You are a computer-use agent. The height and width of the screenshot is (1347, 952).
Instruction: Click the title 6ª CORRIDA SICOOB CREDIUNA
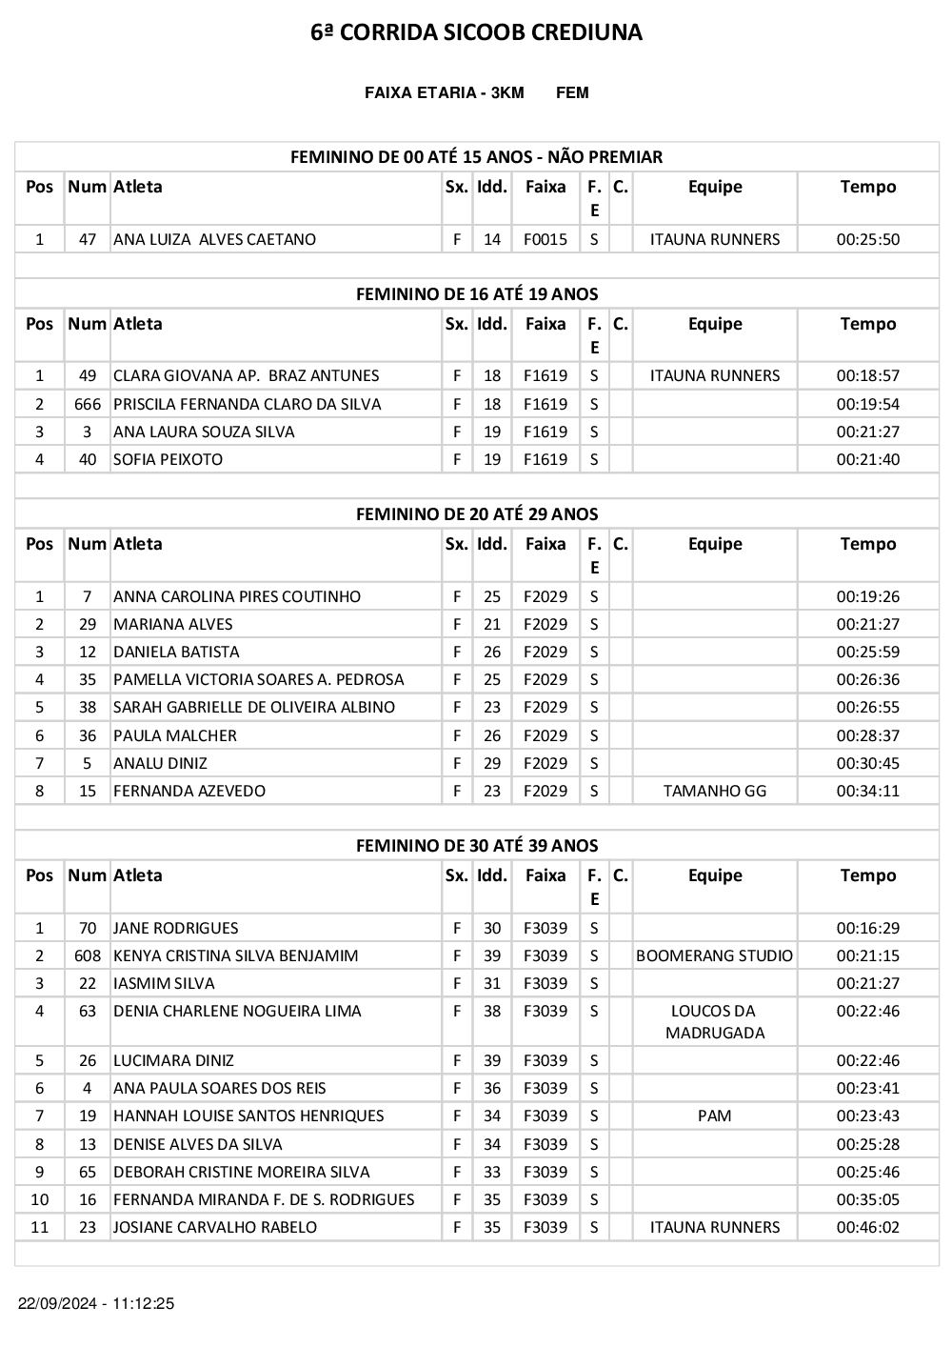[476, 32]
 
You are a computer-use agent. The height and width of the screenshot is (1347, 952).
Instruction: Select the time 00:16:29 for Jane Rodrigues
[867, 928]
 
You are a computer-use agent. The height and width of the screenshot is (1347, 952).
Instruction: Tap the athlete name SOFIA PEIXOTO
[168, 459]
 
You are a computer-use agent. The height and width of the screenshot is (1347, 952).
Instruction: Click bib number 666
[88, 404]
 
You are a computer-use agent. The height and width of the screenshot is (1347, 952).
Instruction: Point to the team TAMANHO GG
[714, 791]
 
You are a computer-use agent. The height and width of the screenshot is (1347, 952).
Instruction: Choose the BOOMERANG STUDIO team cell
[714, 955]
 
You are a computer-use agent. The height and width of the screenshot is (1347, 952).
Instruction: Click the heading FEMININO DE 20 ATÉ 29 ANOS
[477, 514]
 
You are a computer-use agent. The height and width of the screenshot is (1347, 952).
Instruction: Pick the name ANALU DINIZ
[160, 763]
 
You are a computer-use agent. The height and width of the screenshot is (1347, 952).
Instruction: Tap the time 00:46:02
[867, 1227]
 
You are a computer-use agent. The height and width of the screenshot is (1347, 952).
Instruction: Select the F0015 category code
[545, 239]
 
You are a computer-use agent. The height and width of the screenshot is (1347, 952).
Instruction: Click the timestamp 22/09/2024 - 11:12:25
[96, 1303]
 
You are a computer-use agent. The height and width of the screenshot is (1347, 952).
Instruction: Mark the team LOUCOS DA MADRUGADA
[714, 1022]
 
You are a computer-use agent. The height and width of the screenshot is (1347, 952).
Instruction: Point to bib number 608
[88, 955]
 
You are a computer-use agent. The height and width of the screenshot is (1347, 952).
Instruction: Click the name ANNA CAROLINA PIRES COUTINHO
[237, 596]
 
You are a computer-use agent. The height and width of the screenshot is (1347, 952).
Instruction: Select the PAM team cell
[714, 1116]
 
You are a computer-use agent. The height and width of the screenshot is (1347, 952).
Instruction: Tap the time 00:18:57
[867, 375]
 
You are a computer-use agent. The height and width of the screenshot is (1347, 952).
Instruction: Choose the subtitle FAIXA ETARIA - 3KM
[444, 92]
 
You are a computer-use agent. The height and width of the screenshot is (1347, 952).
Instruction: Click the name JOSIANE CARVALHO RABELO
[215, 1227]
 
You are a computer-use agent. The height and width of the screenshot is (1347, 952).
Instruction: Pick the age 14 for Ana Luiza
[491, 239]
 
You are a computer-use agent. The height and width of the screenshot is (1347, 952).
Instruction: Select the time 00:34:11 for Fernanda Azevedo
[867, 791]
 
